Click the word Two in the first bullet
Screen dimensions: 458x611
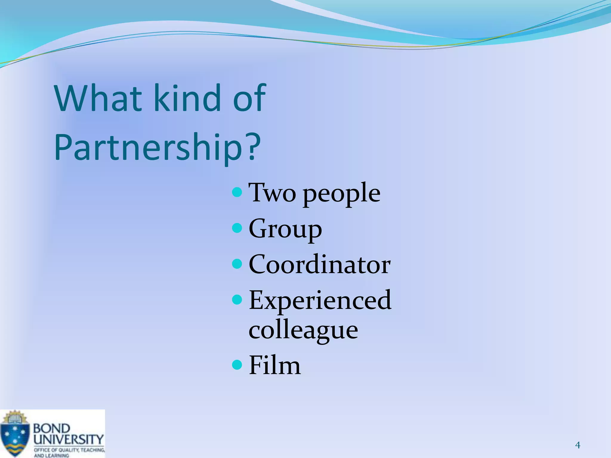272,193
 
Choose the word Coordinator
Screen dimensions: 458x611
320,264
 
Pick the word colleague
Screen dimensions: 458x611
303,331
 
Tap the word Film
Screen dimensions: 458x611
275,365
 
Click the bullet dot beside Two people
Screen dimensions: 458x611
237,192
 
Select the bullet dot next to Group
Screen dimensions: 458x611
237,228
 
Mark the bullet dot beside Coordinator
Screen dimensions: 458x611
237,264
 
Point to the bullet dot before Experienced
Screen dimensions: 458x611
237,300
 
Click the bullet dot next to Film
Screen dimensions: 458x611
237,364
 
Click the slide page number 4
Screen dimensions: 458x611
578,445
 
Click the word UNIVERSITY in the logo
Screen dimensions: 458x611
68,439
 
